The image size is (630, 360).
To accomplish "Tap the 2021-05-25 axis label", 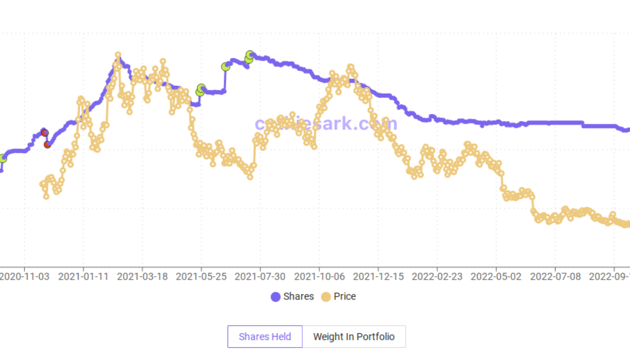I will pyautogui.click(x=201, y=277).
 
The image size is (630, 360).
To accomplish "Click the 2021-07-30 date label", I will pyautogui.click(x=260, y=277).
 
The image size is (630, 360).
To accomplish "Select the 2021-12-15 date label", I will pyautogui.click(x=378, y=277).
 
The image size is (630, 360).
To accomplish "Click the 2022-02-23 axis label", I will pyautogui.click(x=437, y=277).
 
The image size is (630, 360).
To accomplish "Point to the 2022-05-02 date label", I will pyautogui.click(x=496, y=277).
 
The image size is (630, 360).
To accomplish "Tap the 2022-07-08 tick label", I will pyautogui.click(x=555, y=277).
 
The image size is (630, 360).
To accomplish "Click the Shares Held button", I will pyautogui.click(x=265, y=337).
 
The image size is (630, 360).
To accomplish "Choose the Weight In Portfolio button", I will pyautogui.click(x=354, y=337).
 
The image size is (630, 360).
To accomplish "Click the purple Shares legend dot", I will pyautogui.click(x=275, y=296).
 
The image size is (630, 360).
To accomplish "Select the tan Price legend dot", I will pyautogui.click(x=326, y=296).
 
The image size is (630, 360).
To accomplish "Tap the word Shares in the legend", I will pyautogui.click(x=298, y=296).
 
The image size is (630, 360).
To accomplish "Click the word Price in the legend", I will pyautogui.click(x=345, y=296).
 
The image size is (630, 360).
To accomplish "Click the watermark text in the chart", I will pyautogui.click(x=326, y=124).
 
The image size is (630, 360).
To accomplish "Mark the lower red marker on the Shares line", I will pyautogui.click(x=47, y=144).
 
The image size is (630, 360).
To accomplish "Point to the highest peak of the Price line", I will pyautogui.click(x=118, y=55).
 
